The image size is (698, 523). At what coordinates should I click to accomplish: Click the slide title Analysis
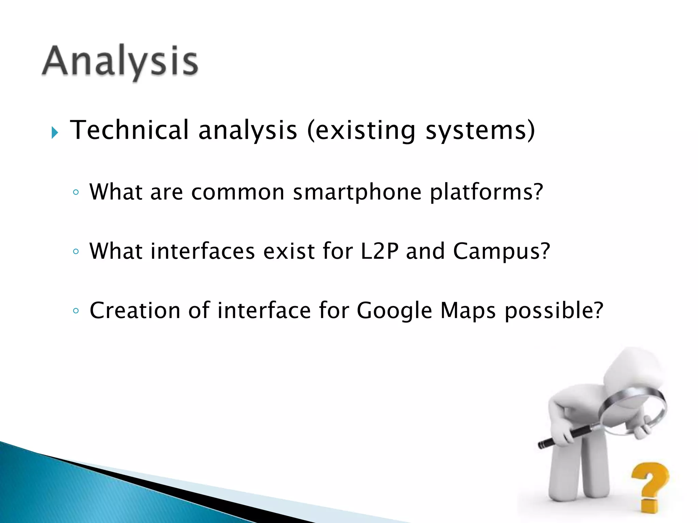120,61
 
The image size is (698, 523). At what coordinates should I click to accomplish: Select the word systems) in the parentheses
480,130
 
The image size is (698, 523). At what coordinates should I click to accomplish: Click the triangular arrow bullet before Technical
55,132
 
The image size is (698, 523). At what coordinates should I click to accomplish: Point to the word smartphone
357,192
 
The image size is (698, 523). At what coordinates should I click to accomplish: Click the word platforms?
486,192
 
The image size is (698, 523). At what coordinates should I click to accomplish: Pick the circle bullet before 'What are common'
76,192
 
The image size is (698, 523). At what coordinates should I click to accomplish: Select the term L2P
379,251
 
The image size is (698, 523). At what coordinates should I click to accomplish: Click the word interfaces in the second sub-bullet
202,251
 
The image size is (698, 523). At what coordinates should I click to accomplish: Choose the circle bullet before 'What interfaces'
76,252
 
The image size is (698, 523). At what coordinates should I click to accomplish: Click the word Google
394,311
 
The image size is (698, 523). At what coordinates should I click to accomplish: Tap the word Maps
468,311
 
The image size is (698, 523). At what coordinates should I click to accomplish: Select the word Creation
135,310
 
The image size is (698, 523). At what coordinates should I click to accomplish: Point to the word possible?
554,311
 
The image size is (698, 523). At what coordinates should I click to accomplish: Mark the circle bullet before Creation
76,311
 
